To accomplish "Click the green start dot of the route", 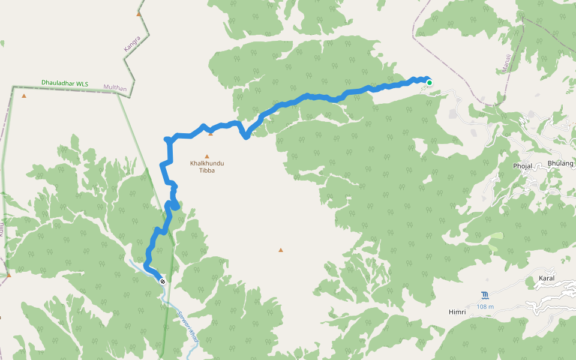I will (x=430, y=83).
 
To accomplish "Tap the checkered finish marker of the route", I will (x=163, y=280).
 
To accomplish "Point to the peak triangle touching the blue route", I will (x=211, y=134).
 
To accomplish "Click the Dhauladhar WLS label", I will (x=65, y=83).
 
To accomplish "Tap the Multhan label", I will (x=115, y=88).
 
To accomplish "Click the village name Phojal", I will (x=523, y=166).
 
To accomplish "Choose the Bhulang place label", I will (x=561, y=163).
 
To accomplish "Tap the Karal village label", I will (x=547, y=278).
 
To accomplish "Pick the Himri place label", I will (x=457, y=313).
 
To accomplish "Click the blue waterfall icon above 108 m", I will (x=485, y=296).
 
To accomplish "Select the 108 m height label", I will (x=485, y=307).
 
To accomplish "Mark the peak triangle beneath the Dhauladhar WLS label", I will (x=24, y=95).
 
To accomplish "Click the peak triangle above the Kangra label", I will (x=139, y=13).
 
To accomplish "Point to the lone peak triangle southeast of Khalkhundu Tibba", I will (x=280, y=250).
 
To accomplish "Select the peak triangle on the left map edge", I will (x=8, y=275).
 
